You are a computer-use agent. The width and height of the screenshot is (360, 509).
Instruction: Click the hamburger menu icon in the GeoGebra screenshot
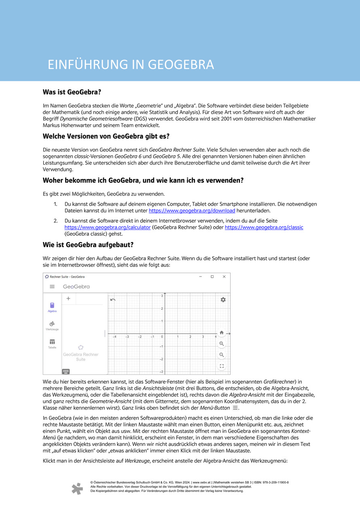(x=52, y=287)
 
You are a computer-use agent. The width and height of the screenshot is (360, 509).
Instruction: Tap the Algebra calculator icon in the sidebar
(x=52, y=306)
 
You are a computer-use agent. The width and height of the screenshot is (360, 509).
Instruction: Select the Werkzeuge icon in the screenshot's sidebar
(x=52, y=324)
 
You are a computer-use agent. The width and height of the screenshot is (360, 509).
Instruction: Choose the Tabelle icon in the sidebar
(x=52, y=342)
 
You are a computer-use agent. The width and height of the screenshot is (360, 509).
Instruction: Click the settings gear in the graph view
(x=223, y=300)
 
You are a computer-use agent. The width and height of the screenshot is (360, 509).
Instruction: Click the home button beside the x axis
(x=222, y=333)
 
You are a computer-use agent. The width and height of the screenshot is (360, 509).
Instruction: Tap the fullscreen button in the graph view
(x=222, y=366)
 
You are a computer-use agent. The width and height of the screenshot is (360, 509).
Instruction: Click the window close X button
(x=224, y=277)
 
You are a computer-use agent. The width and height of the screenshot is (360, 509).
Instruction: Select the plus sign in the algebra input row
(x=68, y=299)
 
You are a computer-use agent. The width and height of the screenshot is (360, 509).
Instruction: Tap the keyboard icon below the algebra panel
(x=66, y=371)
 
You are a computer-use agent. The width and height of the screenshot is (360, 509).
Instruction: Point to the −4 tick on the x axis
(x=115, y=336)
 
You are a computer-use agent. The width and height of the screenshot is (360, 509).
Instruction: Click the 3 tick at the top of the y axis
(x=162, y=296)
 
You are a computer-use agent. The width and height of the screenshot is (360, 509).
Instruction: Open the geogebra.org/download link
(x=192, y=211)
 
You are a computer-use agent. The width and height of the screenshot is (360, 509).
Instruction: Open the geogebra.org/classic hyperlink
(x=264, y=228)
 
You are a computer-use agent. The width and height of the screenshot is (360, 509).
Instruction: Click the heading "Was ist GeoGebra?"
(x=72, y=92)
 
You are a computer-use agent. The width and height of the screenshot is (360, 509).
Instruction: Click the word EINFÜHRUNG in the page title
(x=87, y=65)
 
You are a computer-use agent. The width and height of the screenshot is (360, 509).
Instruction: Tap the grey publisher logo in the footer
(x=77, y=488)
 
